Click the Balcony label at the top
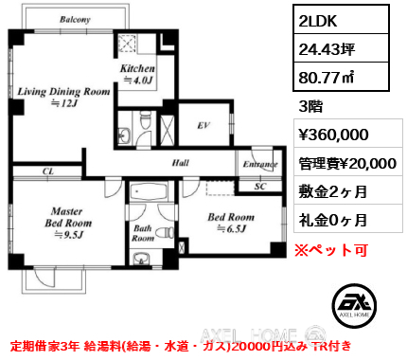[75, 20]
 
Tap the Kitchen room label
[137, 68]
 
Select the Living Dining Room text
[63, 92]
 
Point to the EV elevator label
[203, 126]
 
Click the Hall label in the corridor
[181, 163]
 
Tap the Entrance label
[260, 164]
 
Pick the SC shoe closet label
[260, 187]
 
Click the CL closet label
[48, 171]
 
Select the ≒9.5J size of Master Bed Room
[68, 235]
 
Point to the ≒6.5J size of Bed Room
[231, 228]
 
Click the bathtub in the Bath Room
[149, 191]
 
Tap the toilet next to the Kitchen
[145, 119]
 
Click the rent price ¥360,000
[334, 135]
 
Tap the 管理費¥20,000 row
[347, 163]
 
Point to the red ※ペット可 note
[331, 250]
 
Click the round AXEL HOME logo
[354, 305]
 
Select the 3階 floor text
[310, 106]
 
